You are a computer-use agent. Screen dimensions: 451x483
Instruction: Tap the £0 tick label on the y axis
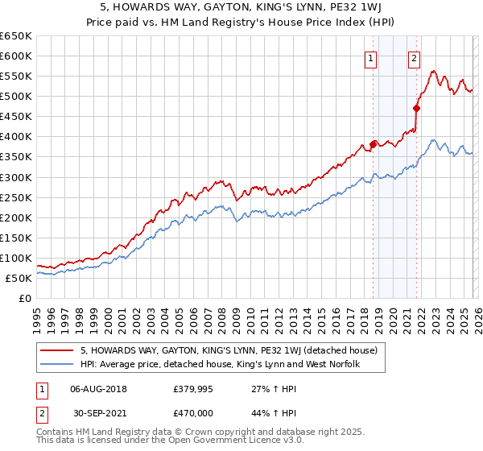(26, 298)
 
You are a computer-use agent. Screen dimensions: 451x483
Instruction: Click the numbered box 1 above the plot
(370, 58)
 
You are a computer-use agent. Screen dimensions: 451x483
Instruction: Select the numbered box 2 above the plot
(414, 58)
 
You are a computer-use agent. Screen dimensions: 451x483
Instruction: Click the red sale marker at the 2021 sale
(417, 108)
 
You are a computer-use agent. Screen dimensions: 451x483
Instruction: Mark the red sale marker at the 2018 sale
(373, 145)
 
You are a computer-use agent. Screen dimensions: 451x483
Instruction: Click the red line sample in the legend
(57, 350)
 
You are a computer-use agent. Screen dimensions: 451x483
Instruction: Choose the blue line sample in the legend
(57, 364)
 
